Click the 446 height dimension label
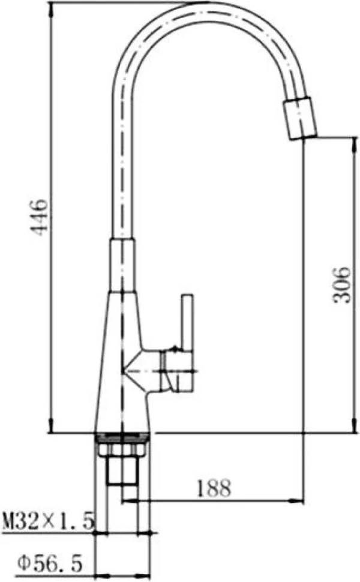(40, 218)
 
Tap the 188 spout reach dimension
(214, 488)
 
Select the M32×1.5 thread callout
(47, 521)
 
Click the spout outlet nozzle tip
(300, 118)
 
